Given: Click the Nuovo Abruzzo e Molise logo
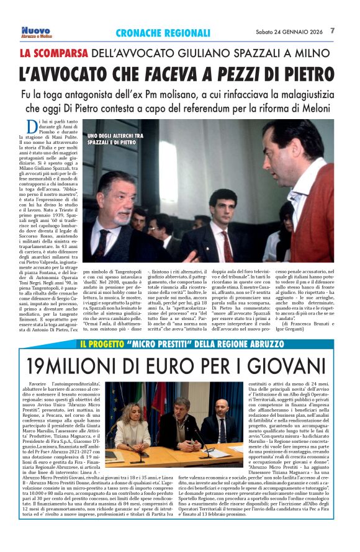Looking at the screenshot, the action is pyautogui.click(x=35, y=32).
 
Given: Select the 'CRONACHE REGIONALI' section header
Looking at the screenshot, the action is pyautogui.click(x=163, y=33).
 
